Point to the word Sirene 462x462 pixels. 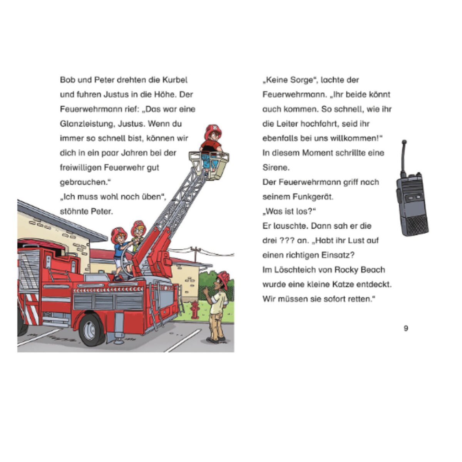tap(275, 167)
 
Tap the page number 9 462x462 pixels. tap(406, 328)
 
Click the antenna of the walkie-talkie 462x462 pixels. tap(403, 156)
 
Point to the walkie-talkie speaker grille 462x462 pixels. tap(416, 223)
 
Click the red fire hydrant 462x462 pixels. tap(195, 310)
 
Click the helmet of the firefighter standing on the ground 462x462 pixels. tap(223, 278)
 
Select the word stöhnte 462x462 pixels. tap(74, 211)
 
